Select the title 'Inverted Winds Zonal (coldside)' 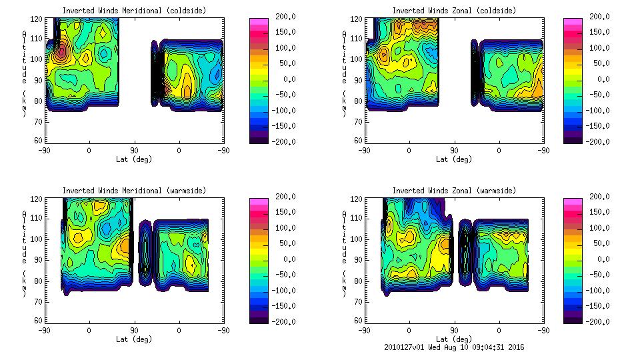click(x=454, y=10)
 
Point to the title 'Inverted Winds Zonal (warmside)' click(x=454, y=191)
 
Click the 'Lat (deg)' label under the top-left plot click(x=134, y=159)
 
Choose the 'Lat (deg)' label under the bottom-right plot click(x=455, y=339)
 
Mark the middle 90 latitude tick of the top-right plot click(x=454, y=151)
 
